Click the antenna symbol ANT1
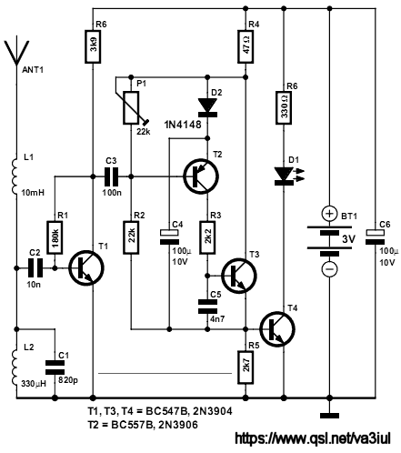(x=17, y=54)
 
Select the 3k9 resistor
(x=93, y=46)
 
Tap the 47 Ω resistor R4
(x=246, y=46)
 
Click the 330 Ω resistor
(x=284, y=107)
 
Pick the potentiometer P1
(x=131, y=107)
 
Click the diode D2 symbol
(x=207, y=107)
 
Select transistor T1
(x=86, y=268)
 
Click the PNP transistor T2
(x=201, y=176)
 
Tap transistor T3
(x=239, y=276)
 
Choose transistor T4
(x=277, y=329)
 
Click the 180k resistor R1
(x=55, y=237)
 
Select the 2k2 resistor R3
(x=207, y=237)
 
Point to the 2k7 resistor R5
(x=246, y=367)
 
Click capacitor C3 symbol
(x=111, y=176)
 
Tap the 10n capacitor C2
(x=35, y=268)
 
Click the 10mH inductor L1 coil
(x=15, y=176)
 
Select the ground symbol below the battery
(x=330, y=416)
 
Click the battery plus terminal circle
(x=329, y=214)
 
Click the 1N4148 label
(x=183, y=125)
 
